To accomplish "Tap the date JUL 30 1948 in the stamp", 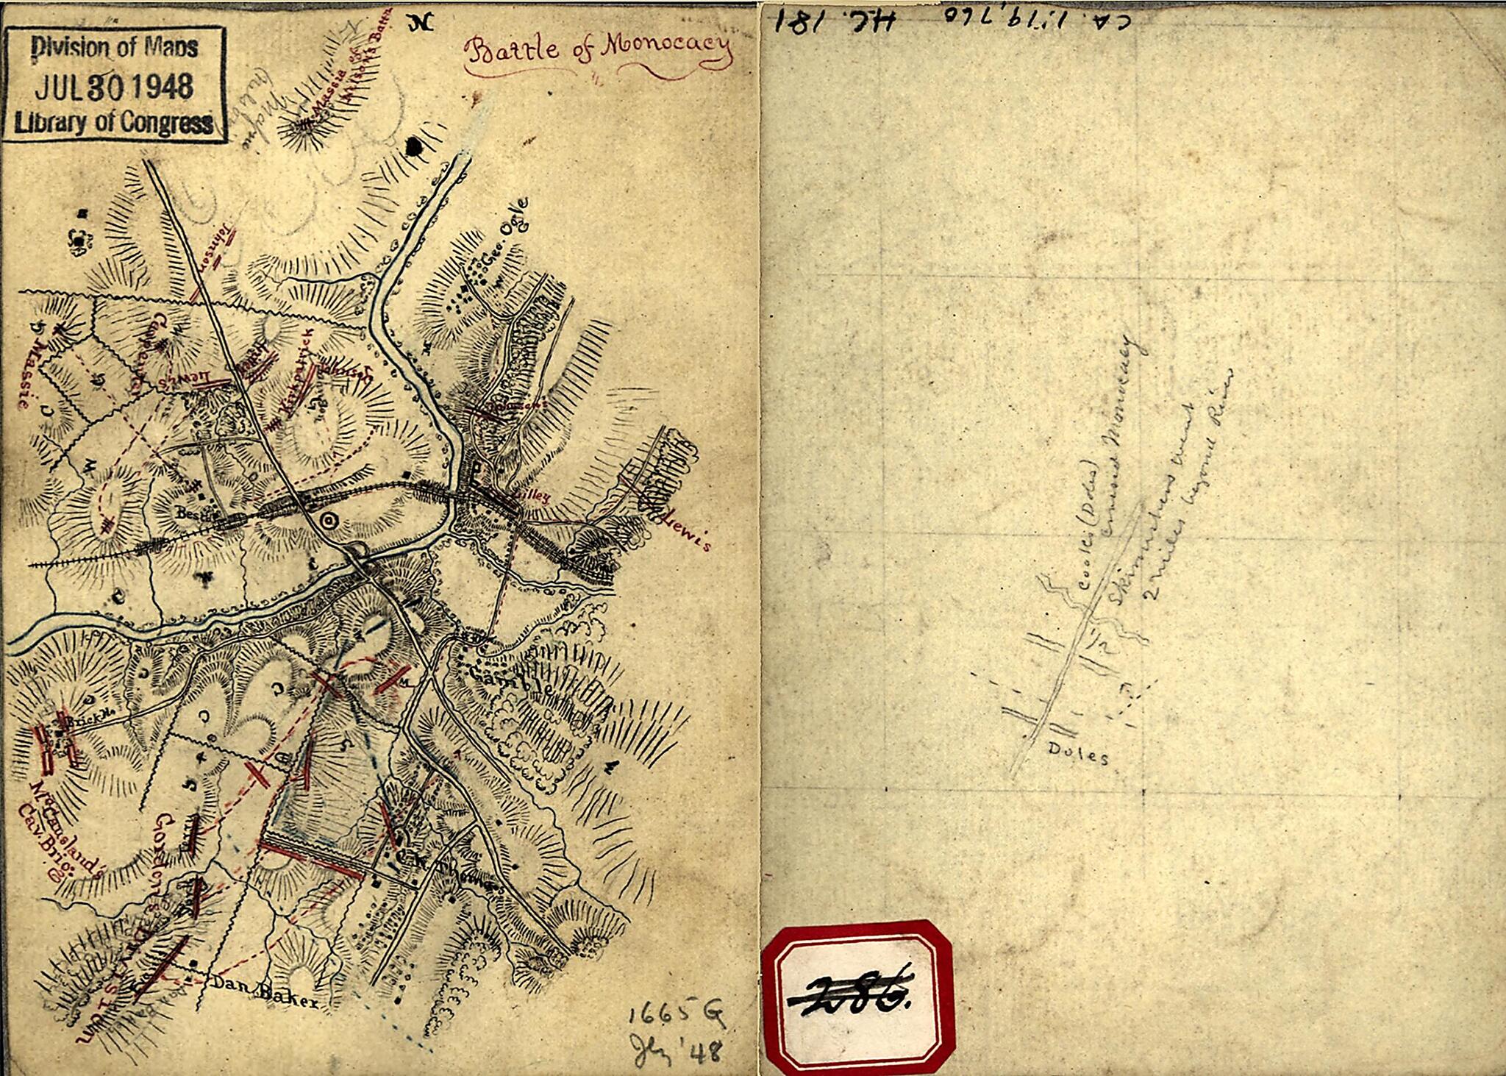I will click(x=114, y=86).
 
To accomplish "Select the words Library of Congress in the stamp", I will click(x=114, y=122).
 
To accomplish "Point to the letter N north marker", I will click(x=422, y=23).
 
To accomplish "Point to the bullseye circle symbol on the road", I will click(x=329, y=521).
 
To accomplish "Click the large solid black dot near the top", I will click(x=416, y=146).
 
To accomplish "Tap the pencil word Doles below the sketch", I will click(x=1077, y=754).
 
